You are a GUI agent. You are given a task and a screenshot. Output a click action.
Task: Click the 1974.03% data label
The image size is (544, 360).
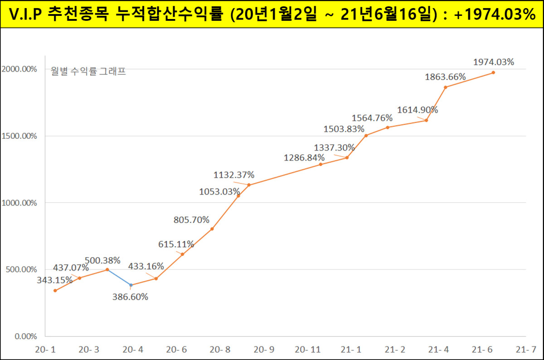pos(493,62)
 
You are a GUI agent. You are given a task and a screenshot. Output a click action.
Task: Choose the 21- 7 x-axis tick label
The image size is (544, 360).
pos(525,350)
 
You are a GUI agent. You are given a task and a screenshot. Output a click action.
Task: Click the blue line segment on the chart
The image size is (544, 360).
pos(119,277)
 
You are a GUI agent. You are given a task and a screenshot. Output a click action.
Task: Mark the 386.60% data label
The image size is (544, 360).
pos(131,297)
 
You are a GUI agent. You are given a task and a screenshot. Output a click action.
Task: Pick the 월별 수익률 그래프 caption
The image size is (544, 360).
pos(88,71)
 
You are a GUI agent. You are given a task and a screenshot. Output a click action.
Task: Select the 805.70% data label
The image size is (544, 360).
pos(191,220)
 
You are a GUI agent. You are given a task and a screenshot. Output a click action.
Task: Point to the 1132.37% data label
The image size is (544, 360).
pos(234,175)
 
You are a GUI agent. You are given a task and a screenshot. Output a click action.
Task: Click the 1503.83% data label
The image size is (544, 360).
pos(344,129)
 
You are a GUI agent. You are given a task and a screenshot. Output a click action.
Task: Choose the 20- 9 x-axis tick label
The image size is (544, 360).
pos(264,350)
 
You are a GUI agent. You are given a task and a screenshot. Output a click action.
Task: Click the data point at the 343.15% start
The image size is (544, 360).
pos(55,291)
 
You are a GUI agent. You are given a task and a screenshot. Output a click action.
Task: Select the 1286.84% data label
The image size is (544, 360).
pos(304,158)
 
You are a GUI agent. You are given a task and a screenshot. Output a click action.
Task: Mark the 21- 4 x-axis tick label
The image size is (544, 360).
pos(439,350)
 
